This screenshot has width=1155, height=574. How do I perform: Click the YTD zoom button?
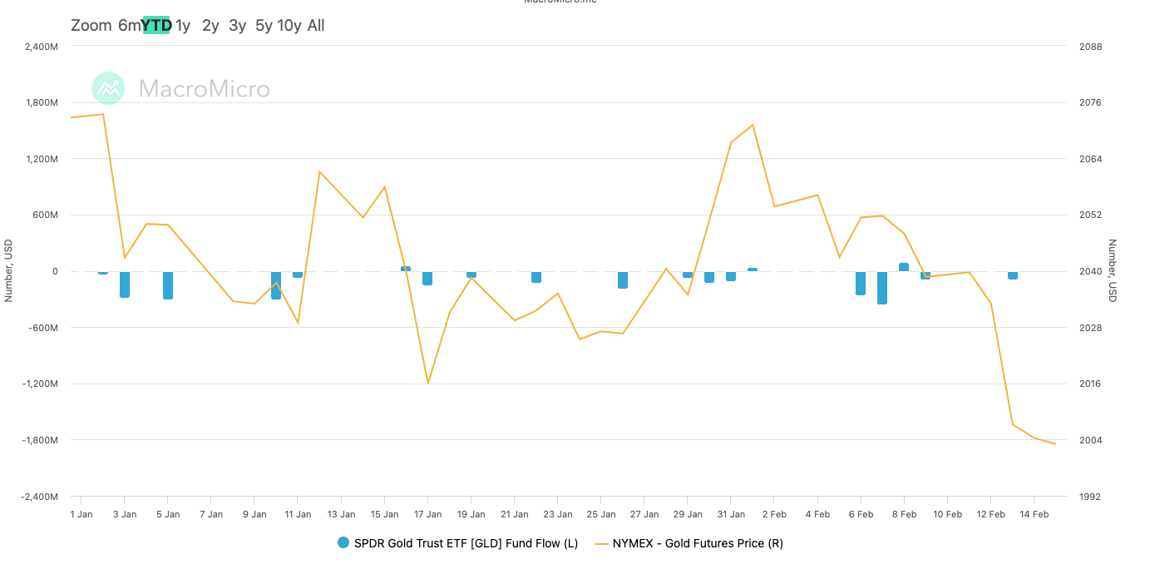tap(156, 25)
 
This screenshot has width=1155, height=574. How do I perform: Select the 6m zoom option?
tap(129, 25)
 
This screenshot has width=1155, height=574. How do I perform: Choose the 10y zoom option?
tap(289, 25)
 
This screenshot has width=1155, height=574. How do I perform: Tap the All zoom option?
tap(316, 25)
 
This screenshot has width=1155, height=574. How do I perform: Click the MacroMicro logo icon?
tap(108, 88)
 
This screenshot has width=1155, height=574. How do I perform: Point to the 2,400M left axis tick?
tap(41, 47)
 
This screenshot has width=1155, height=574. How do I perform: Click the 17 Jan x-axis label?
tap(427, 514)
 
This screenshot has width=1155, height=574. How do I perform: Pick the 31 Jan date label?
tap(731, 514)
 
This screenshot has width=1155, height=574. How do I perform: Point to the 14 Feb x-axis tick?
tap(1034, 514)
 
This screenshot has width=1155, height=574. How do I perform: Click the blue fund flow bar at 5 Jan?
tap(168, 285)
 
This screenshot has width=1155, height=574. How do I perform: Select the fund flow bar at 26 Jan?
tap(623, 280)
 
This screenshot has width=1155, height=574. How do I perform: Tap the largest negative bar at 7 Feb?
tap(882, 287)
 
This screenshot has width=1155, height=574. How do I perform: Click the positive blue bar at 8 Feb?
tap(904, 267)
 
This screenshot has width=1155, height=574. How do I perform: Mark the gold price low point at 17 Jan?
tap(427, 383)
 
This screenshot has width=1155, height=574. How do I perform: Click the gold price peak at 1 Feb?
tap(753, 125)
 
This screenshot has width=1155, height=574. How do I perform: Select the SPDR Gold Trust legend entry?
tap(457, 543)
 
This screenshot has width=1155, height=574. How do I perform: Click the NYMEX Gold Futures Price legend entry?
tap(689, 543)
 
